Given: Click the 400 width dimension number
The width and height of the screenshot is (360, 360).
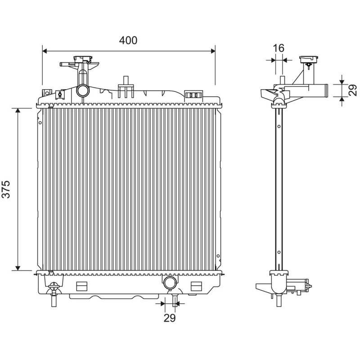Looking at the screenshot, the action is tap(128, 40).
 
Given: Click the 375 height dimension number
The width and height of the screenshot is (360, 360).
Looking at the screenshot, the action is tap(6, 189).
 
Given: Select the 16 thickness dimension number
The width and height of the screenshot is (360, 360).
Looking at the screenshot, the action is tap(279, 48).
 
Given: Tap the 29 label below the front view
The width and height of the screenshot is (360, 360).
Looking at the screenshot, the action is tap(170, 318).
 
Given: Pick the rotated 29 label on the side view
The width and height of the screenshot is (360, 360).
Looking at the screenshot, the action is tap(353, 90).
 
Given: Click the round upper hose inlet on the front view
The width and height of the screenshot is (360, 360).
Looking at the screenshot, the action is tap(82, 91).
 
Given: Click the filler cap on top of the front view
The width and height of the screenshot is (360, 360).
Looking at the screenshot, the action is tap(82, 59).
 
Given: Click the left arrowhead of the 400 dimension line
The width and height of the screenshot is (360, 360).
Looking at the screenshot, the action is tap(45, 51).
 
